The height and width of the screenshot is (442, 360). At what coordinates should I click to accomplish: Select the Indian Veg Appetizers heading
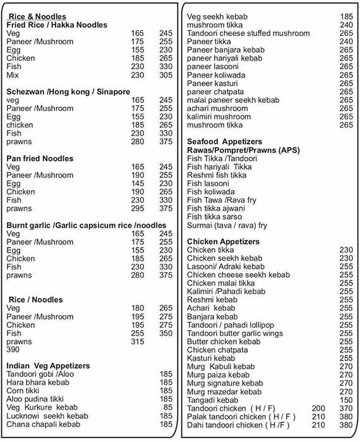click(x=48, y=366)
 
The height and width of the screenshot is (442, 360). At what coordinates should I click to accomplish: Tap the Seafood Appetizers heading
click(x=225, y=141)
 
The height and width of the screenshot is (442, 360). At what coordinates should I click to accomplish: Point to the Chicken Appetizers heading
click(x=223, y=242)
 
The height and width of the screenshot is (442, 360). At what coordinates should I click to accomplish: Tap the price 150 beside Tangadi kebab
click(x=345, y=400)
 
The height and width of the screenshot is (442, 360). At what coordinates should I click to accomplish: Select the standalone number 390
click(x=13, y=349)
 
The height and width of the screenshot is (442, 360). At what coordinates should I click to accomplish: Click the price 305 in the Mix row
click(x=165, y=75)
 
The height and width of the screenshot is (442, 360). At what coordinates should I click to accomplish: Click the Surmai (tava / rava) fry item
click(x=227, y=225)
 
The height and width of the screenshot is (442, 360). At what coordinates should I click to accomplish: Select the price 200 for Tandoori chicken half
click(x=320, y=409)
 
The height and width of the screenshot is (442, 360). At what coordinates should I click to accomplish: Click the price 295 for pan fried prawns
click(x=137, y=208)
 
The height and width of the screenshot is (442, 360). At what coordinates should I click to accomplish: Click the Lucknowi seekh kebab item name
click(x=47, y=416)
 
